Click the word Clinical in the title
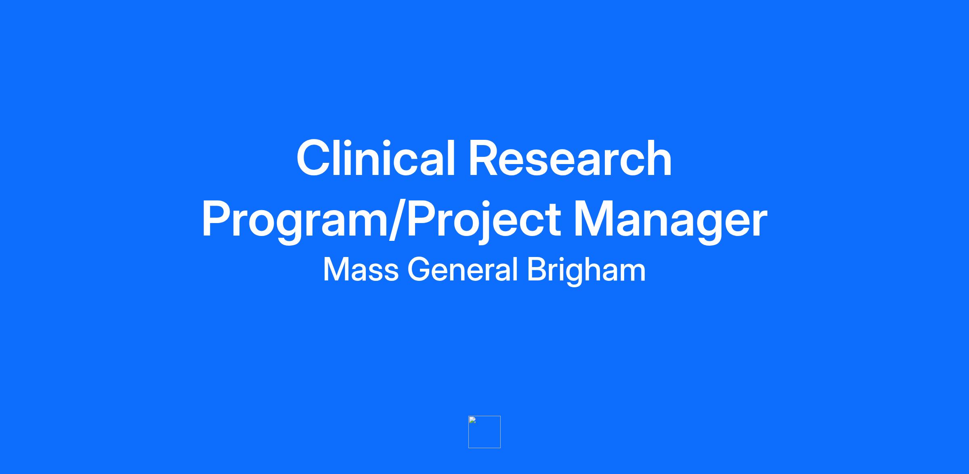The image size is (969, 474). (x=376, y=158)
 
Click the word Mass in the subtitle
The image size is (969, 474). (x=361, y=270)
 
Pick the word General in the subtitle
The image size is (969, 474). (x=463, y=270)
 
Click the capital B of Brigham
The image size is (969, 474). (x=537, y=270)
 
